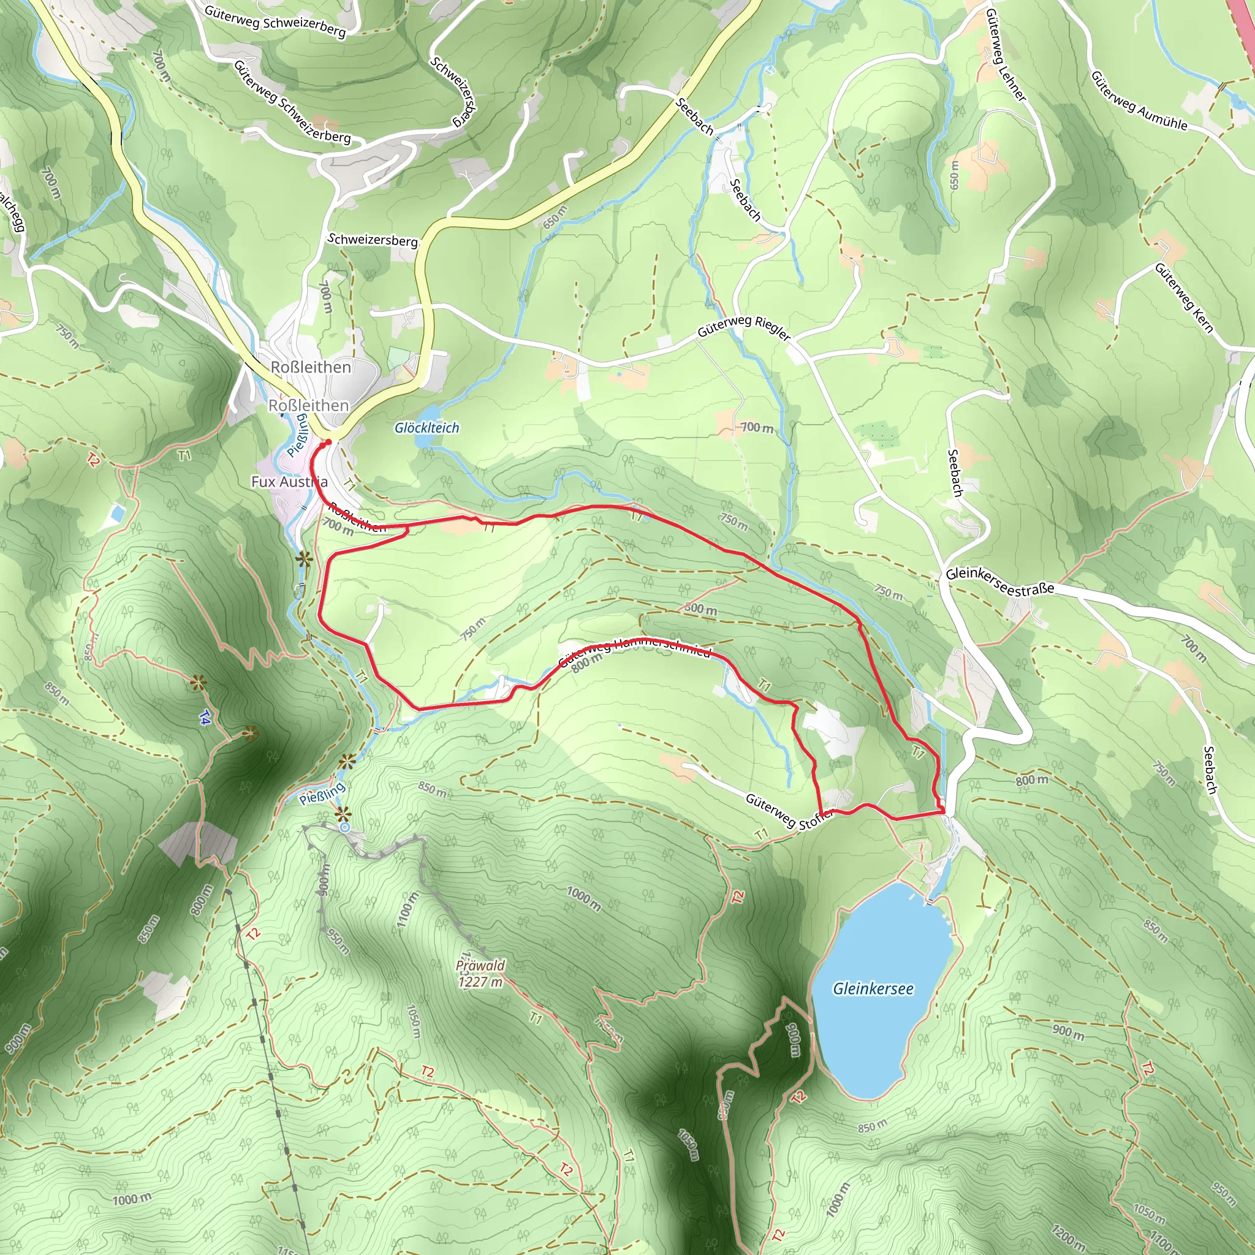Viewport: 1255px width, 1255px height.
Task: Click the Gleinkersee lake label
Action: point(873,988)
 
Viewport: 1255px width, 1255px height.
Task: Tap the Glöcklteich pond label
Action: point(427,428)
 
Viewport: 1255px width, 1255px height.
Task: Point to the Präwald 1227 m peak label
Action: point(480,974)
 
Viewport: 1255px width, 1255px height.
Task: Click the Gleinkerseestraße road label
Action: point(999,582)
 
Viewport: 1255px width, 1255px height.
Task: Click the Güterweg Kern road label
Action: point(1183,297)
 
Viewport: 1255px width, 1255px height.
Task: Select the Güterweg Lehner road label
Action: point(1005,55)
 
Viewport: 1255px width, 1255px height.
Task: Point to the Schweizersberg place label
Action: point(372,240)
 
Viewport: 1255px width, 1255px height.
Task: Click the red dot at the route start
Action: point(328,442)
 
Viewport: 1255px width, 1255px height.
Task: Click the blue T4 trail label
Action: point(205,718)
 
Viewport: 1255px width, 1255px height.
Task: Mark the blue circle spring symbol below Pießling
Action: point(345,827)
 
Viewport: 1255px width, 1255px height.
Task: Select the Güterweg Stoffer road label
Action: point(789,812)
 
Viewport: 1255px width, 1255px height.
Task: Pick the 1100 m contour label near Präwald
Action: point(407,909)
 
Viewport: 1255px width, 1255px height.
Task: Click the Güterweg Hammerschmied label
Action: point(635,651)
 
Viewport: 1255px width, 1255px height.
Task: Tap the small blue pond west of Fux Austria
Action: point(118,513)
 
